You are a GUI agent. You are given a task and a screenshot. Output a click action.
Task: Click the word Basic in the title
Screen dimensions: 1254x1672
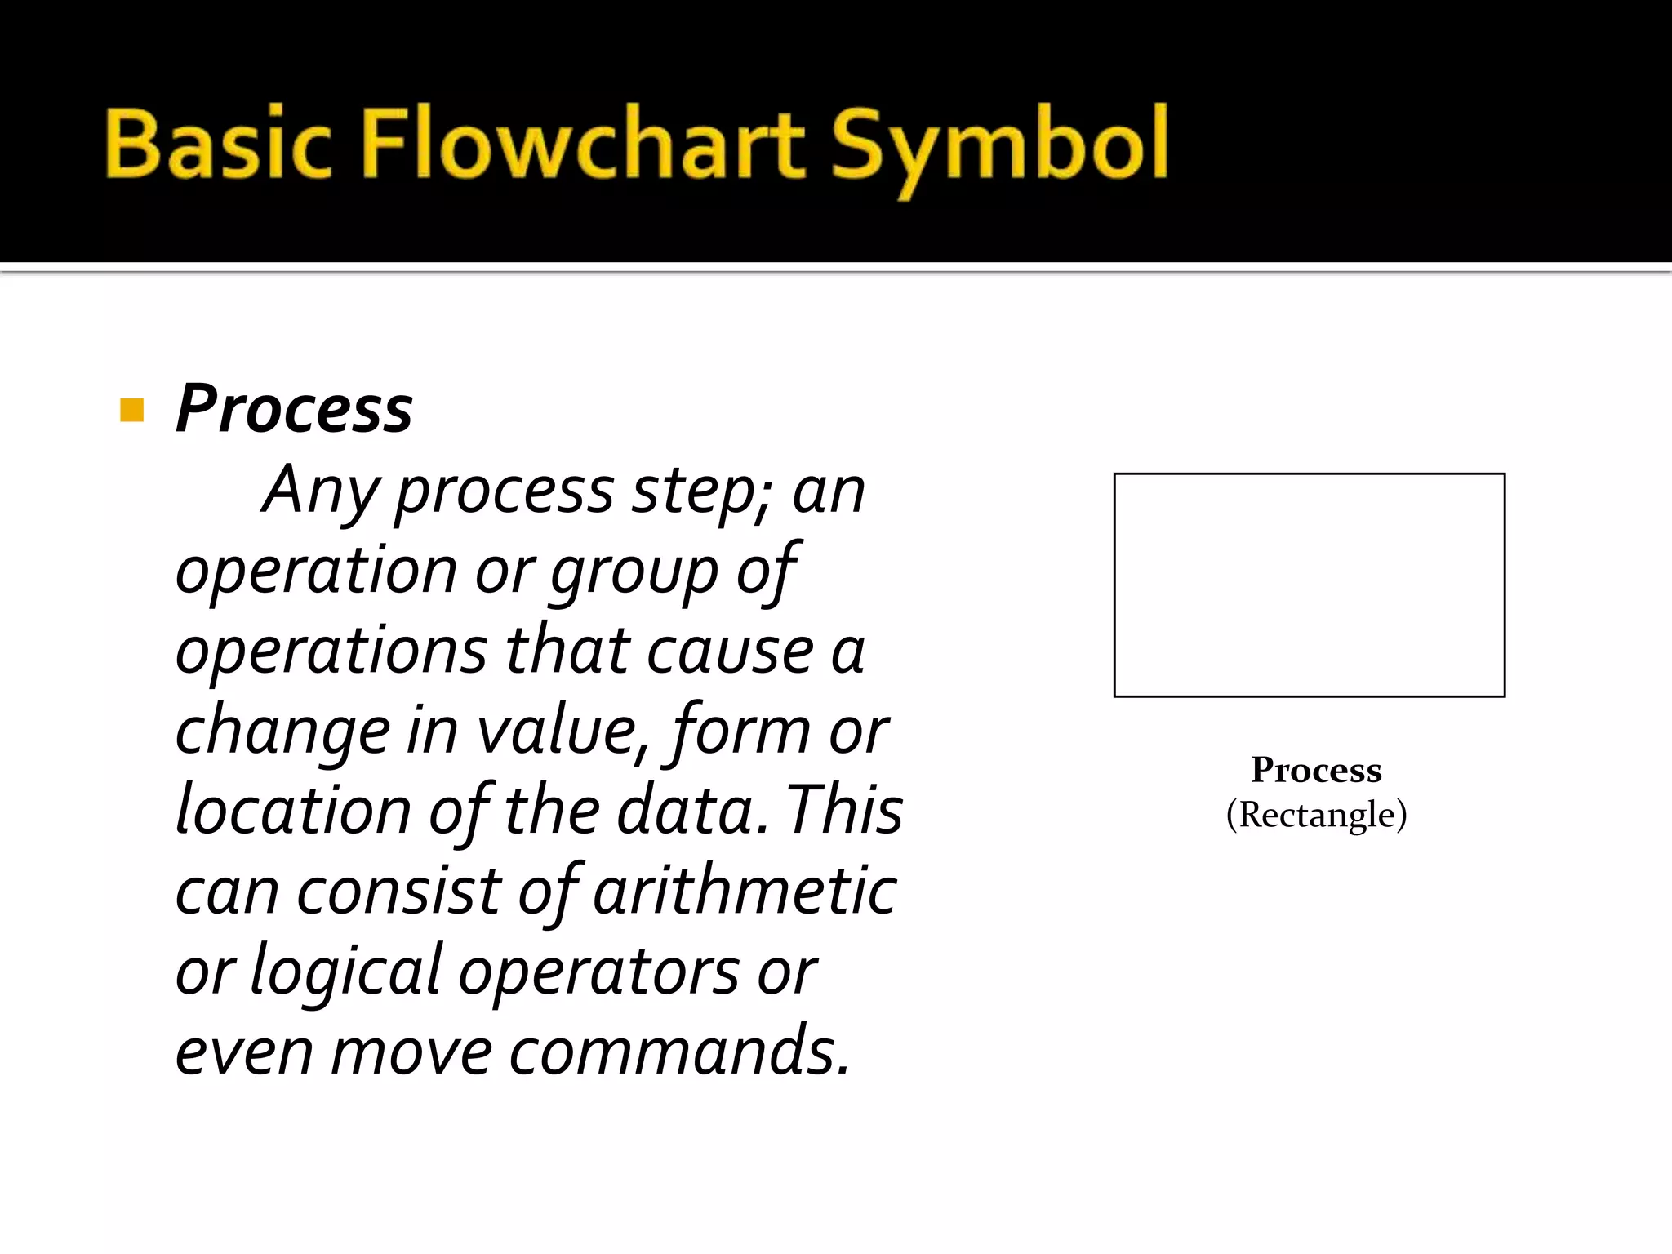[x=218, y=145]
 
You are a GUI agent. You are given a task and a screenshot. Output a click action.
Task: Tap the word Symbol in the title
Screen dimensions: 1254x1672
[x=999, y=147]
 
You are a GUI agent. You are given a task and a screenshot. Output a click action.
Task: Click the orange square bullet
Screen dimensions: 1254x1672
[x=131, y=410]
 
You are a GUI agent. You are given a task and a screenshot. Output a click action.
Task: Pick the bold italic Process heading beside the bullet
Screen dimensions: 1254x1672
[x=294, y=408]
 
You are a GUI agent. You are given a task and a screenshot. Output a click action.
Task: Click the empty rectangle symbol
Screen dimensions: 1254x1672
[x=1309, y=585]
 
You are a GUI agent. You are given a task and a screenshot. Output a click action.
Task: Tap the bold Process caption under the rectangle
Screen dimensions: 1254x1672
[x=1316, y=769]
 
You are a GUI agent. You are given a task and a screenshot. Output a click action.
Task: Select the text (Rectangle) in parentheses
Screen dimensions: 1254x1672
[x=1316, y=815]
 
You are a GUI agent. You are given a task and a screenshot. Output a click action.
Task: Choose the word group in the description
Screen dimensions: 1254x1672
[x=634, y=571]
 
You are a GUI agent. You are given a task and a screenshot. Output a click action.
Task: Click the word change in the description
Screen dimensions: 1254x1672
[x=282, y=731]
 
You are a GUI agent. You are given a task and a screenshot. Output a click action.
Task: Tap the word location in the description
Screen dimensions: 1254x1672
[x=292, y=810]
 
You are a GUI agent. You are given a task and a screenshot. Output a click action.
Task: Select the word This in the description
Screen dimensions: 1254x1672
[x=844, y=810]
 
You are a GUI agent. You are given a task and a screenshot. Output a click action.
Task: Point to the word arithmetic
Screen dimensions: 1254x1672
[x=745, y=890]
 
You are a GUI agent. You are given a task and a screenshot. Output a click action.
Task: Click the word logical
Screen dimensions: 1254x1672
[x=345, y=972]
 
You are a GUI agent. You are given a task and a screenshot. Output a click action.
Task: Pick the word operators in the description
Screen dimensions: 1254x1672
[x=598, y=972]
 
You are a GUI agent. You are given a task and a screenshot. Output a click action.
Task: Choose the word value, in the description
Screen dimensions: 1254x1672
[x=563, y=731]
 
